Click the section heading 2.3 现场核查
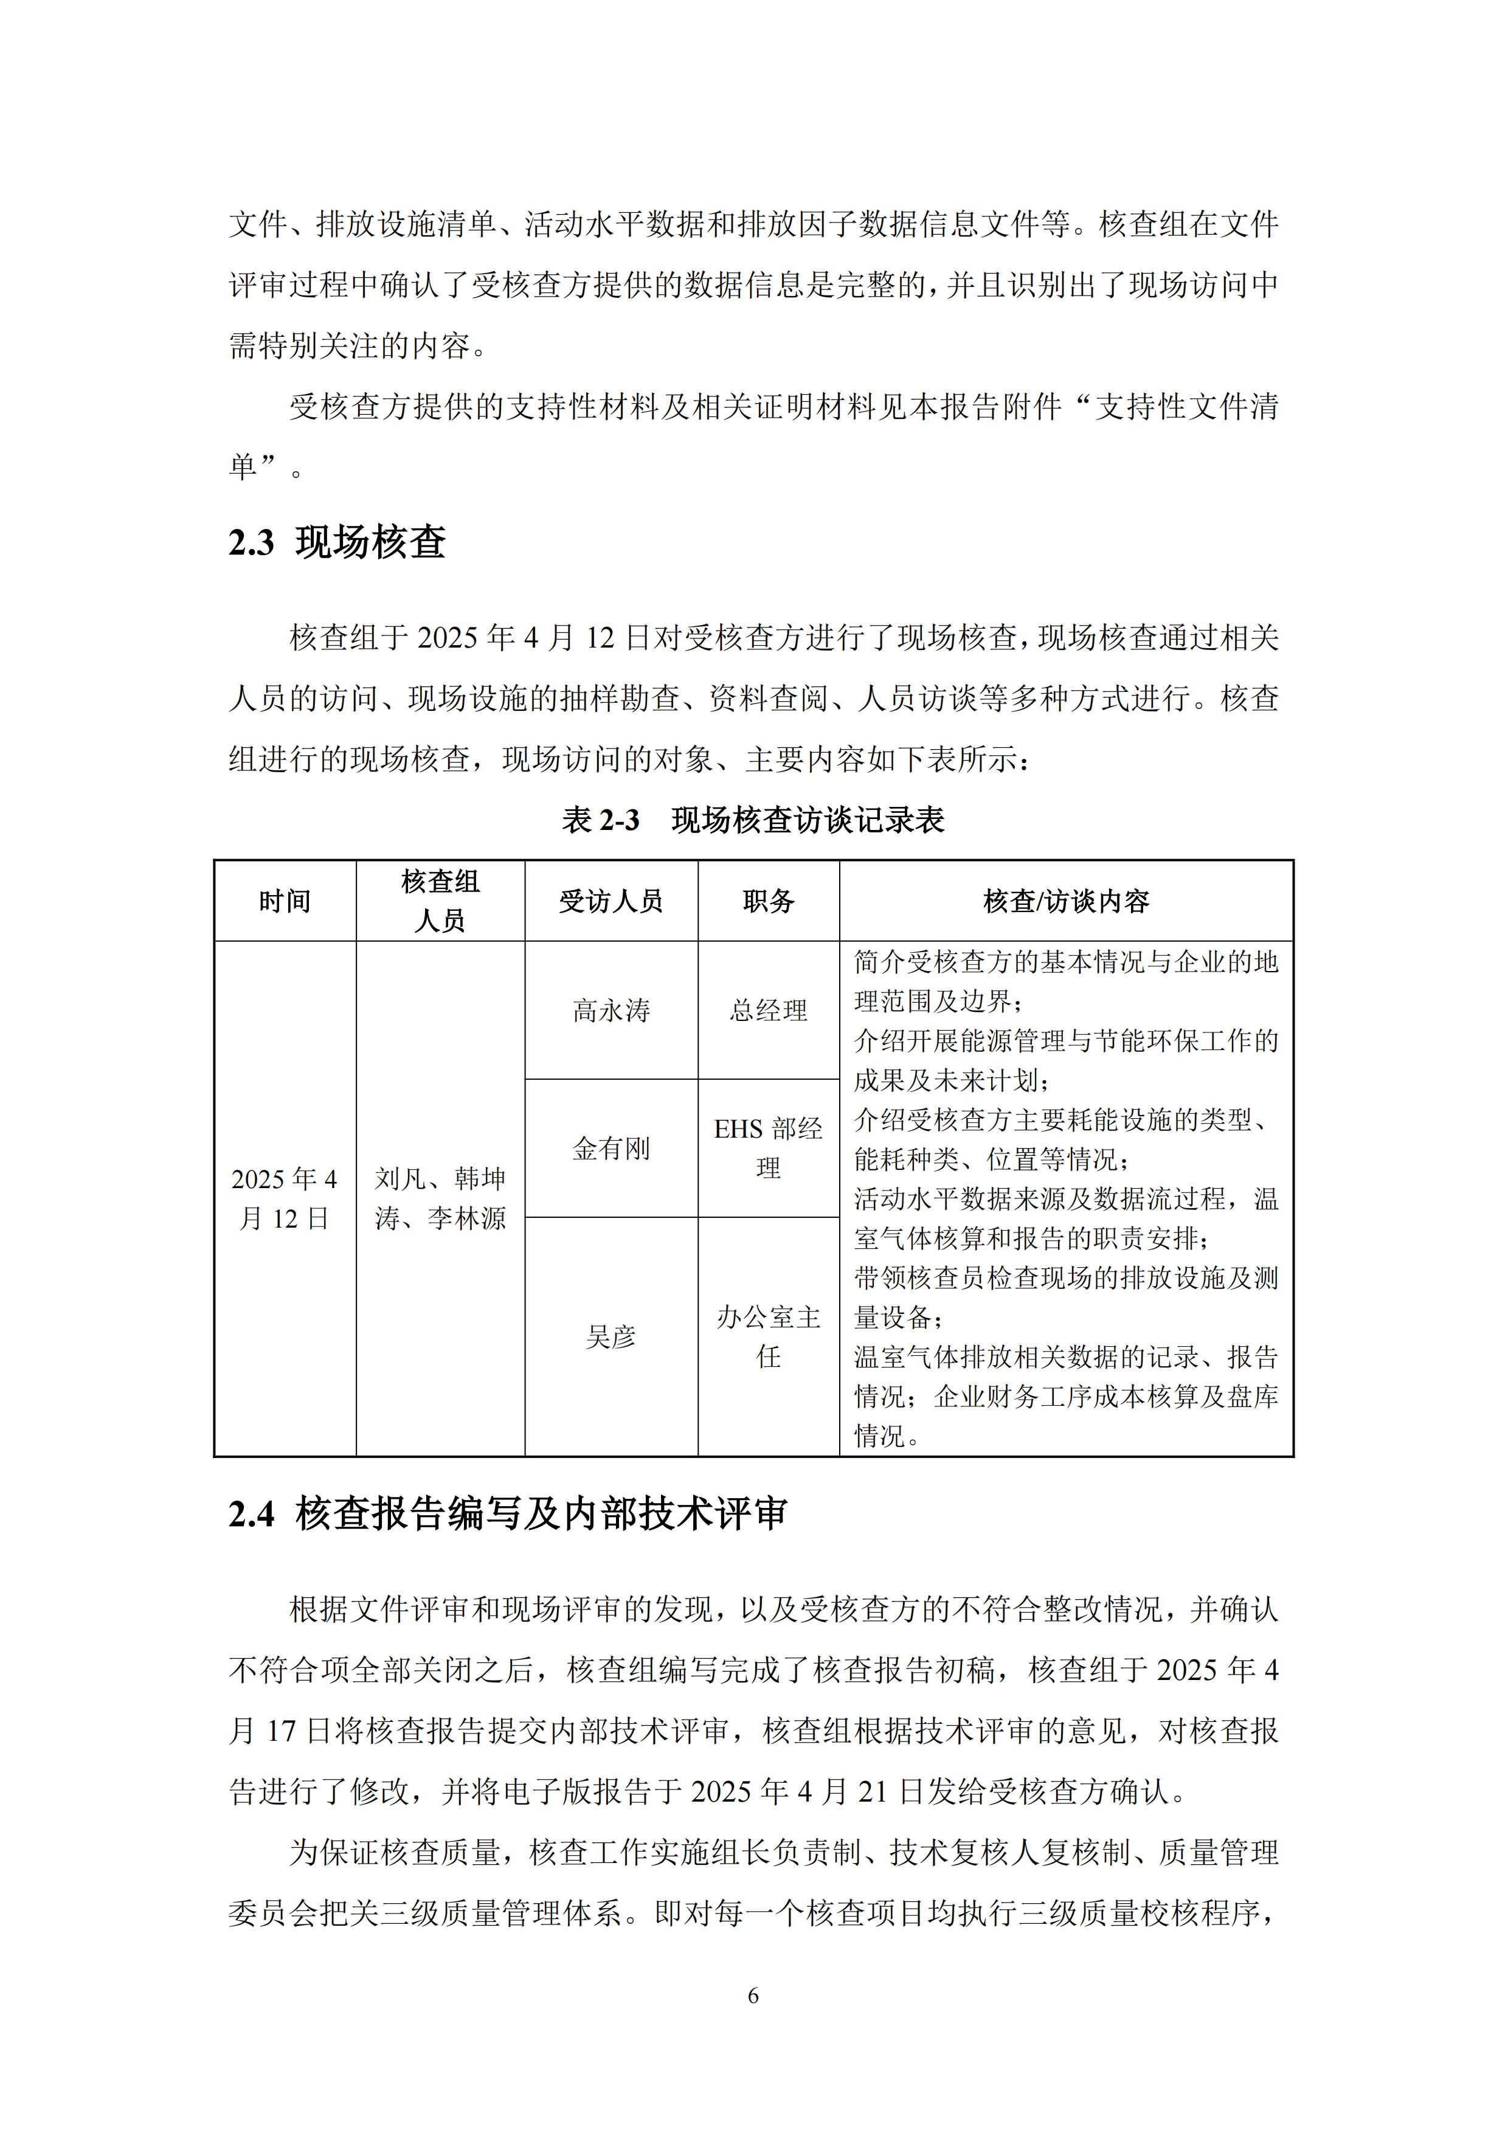coord(337,542)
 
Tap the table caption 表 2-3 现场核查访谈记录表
coord(753,820)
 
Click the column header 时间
coord(285,901)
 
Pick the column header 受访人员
coord(610,901)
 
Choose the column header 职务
coord(769,901)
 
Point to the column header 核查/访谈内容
coord(1066,901)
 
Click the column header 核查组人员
coord(440,901)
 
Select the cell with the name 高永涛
coord(610,1011)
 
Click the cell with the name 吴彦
coord(610,1338)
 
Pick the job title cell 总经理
coord(769,1011)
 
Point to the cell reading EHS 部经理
coord(769,1148)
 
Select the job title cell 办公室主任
coord(769,1337)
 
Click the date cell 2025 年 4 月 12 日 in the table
coord(285,1199)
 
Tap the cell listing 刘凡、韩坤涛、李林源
coord(440,1199)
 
